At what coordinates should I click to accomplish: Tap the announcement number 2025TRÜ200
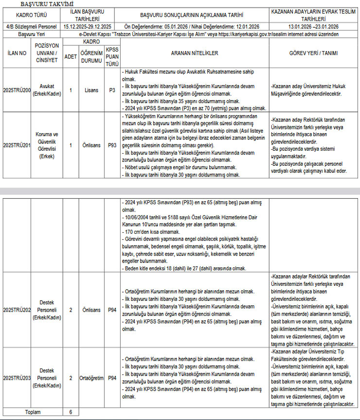pyautogui.click(x=16, y=90)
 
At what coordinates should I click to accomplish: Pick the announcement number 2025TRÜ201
pyautogui.click(x=16, y=145)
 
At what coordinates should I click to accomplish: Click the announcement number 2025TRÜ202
pyautogui.click(x=16, y=309)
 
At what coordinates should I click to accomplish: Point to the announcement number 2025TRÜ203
pyautogui.click(x=16, y=377)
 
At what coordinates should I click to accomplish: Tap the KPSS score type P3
pyautogui.click(x=112, y=90)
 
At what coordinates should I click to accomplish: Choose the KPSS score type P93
pyautogui.click(x=112, y=145)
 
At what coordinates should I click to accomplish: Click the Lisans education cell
pyautogui.click(x=91, y=90)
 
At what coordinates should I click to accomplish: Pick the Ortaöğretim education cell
pyautogui.click(x=91, y=377)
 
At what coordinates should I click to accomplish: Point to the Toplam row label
pyautogui.click(x=33, y=412)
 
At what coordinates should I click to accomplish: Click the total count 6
pyautogui.click(x=71, y=412)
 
